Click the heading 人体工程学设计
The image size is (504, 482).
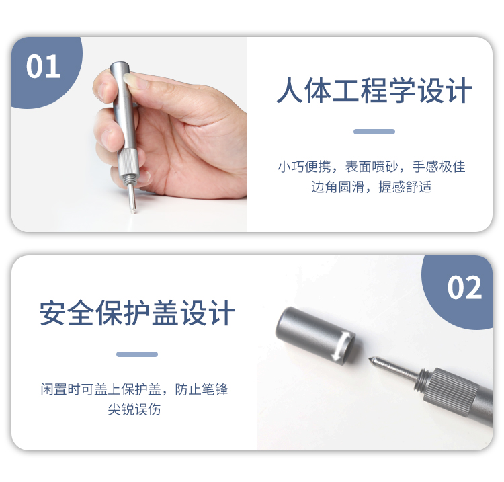(x=374, y=90)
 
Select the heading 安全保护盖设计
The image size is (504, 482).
(x=137, y=313)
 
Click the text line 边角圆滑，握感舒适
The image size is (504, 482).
(x=371, y=187)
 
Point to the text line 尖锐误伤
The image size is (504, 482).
(x=134, y=409)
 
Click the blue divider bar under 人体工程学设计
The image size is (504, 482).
(x=374, y=132)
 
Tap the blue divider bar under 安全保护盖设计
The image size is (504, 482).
(x=137, y=354)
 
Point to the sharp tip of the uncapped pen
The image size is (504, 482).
(x=370, y=359)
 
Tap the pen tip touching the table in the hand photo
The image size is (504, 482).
(x=133, y=211)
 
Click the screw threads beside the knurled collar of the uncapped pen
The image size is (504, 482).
(x=423, y=381)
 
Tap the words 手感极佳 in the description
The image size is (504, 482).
(x=439, y=167)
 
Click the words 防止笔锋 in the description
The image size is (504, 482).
(x=202, y=389)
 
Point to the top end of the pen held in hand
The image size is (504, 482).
(x=120, y=65)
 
